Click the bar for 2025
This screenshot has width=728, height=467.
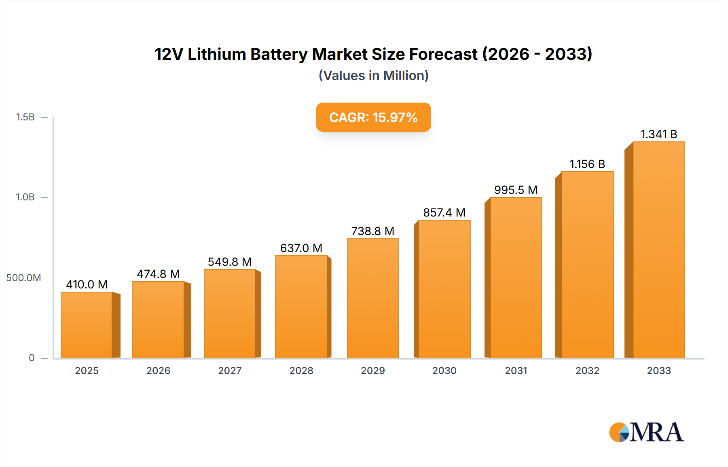click(87, 325)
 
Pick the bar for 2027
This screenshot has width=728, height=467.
click(230, 313)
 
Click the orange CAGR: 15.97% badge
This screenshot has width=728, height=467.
click(373, 117)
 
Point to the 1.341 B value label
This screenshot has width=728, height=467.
click(659, 134)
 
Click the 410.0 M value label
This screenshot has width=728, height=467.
click(87, 284)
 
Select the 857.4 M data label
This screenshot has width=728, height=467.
click(444, 212)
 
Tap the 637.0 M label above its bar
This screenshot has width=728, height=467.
click(301, 248)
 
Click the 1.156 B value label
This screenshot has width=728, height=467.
click(587, 164)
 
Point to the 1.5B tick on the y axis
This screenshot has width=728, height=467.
click(25, 117)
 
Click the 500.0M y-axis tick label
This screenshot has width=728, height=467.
click(23, 278)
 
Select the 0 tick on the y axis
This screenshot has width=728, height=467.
click(32, 358)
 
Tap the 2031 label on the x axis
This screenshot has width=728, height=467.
click(516, 370)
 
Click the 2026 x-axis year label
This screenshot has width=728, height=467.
click(158, 370)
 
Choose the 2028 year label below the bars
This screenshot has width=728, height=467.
click(301, 370)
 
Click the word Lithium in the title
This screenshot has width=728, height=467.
click(217, 54)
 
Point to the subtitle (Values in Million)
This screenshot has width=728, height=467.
click(373, 76)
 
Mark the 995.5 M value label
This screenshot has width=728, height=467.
click(516, 190)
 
